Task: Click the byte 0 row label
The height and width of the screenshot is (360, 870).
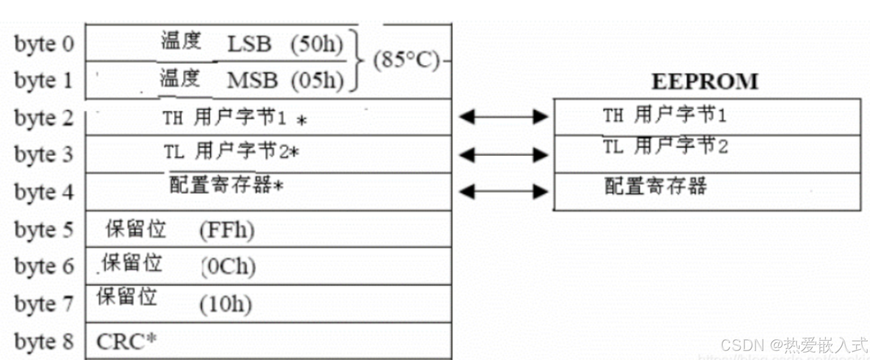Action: point(44,44)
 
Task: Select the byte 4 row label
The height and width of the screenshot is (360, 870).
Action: point(44,192)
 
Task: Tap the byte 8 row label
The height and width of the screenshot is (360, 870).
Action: point(44,341)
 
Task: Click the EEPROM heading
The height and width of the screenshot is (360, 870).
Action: point(705,82)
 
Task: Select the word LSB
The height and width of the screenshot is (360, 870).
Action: point(249,45)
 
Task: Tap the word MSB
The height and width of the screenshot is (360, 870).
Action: point(252,81)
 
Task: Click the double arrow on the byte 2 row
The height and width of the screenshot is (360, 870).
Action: point(503,117)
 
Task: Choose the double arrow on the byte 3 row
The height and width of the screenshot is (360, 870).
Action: point(503,154)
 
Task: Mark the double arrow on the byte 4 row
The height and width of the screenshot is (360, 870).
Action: point(503,191)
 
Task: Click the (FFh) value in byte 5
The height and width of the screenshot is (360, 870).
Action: point(227,230)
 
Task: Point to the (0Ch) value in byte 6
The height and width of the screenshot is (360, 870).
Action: point(228,266)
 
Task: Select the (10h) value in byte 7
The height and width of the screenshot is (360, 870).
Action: point(225,304)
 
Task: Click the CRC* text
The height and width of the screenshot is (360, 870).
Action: point(126,341)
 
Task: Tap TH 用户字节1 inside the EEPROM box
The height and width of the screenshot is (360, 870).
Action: point(664,116)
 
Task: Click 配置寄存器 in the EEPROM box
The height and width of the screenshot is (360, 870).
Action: point(655,186)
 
